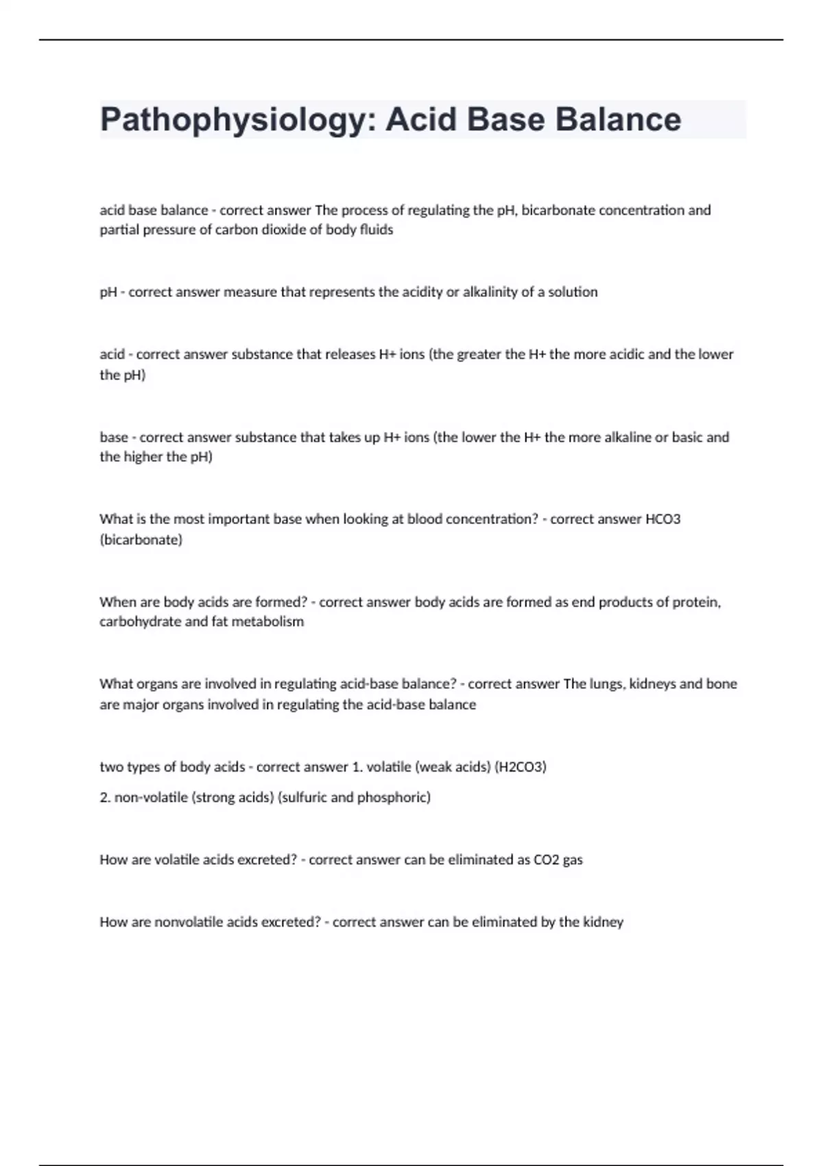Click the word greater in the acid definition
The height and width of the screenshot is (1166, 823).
[480, 355]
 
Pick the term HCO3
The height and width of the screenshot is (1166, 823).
[663, 519]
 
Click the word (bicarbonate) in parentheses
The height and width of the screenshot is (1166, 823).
[141, 540]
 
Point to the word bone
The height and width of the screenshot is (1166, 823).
[722, 684]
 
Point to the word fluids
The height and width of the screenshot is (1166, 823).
[377, 230]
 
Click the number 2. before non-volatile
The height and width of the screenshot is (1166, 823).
[105, 798]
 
